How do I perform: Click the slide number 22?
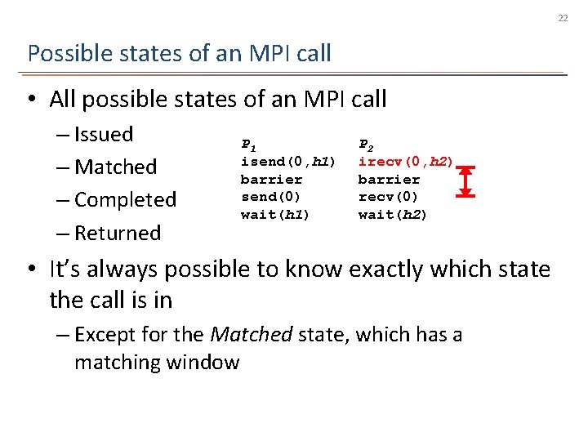click(x=563, y=18)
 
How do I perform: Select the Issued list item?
click(x=103, y=134)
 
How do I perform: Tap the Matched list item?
click(x=115, y=167)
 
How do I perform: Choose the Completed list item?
click(x=125, y=200)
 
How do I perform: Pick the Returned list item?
click(x=118, y=234)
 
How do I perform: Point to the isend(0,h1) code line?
click(x=287, y=162)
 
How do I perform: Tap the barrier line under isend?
click(x=271, y=180)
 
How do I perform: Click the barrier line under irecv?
click(x=389, y=180)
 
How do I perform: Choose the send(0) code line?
click(x=271, y=197)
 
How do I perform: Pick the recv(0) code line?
click(x=389, y=197)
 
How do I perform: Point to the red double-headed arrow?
click(x=465, y=180)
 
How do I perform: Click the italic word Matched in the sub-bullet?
click(x=252, y=334)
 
